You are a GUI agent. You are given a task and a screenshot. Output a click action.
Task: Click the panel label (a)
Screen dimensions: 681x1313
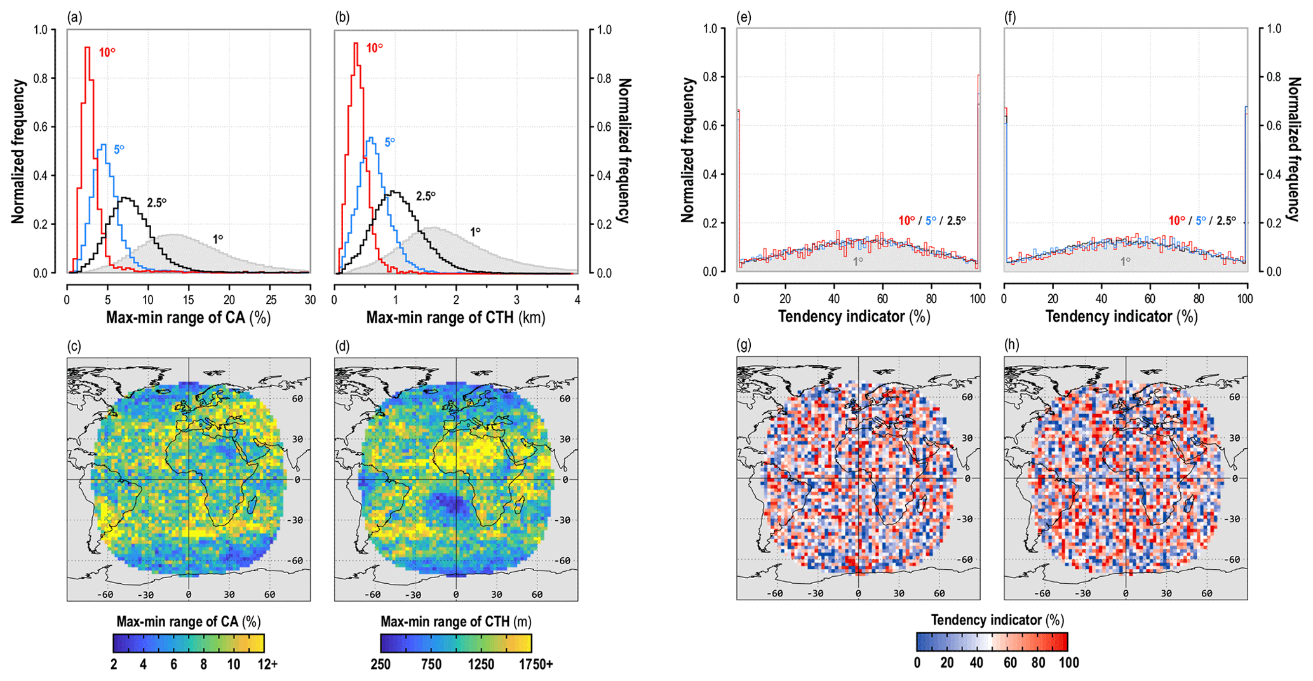pos(75,18)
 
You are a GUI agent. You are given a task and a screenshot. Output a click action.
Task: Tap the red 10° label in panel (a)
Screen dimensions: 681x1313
pos(107,52)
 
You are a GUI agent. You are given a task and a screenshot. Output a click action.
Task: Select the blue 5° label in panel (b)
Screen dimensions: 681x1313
pos(389,142)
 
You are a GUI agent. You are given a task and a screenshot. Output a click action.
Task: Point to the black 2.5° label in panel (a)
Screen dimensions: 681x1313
pos(156,203)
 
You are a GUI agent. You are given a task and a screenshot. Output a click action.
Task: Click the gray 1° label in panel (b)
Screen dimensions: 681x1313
pos(475,233)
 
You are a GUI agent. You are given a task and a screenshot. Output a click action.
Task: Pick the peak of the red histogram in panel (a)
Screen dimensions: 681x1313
pos(87,48)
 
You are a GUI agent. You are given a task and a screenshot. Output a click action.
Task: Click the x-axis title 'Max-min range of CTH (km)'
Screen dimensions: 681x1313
pos(455,318)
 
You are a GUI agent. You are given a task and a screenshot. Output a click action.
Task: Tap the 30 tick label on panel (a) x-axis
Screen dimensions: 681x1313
pos(310,300)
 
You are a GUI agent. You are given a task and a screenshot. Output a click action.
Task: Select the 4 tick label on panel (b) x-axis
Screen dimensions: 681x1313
pos(577,300)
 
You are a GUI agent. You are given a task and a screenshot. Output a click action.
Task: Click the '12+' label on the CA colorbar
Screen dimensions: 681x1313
pos(267,664)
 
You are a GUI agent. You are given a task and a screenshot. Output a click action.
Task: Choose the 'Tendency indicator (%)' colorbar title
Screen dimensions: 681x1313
pos(997,620)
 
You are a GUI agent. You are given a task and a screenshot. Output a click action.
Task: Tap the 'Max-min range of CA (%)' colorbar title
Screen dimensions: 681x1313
pos(189,621)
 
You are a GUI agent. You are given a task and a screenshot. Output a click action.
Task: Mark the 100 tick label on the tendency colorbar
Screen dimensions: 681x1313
pos(1068,663)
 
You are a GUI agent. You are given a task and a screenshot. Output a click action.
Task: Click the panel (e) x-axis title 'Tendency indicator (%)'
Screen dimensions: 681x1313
pos(854,316)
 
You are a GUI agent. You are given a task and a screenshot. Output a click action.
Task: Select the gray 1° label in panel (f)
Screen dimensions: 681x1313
pos(1125,261)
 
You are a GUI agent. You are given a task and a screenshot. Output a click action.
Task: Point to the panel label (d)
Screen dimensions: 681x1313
pos(342,346)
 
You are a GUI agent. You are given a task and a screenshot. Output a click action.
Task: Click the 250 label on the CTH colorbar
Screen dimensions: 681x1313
pos(380,664)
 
